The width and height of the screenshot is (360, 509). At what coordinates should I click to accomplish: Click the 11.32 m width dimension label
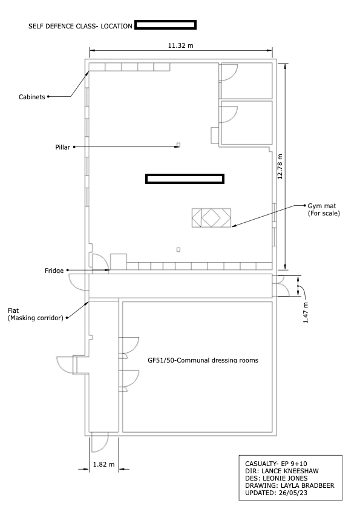click(180, 45)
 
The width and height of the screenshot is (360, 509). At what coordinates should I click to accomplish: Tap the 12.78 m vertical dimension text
click(280, 166)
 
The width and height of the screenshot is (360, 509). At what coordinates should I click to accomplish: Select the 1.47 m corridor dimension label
click(306, 313)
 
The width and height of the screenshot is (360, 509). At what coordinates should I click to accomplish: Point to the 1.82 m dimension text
click(104, 465)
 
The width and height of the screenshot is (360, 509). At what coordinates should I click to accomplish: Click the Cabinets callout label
click(32, 97)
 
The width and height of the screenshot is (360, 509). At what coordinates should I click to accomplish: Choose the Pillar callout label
click(63, 148)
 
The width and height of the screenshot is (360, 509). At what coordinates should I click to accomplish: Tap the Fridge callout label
click(54, 271)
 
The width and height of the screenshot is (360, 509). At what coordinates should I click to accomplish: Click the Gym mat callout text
click(324, 209)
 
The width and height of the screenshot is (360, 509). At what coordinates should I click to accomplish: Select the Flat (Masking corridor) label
click(35, 314)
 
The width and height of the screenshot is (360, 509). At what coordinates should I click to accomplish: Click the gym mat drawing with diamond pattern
click(211, 218)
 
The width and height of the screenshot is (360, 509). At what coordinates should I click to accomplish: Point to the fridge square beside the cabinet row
click(119, 261)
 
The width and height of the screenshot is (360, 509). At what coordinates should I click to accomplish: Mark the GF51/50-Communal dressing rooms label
click(203, 360)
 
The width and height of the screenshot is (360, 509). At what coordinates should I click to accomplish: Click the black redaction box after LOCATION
click(165, 25)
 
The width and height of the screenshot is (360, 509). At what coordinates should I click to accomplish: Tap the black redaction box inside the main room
click(185, 179)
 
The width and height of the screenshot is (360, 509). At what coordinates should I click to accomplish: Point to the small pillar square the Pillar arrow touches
click(178, 145)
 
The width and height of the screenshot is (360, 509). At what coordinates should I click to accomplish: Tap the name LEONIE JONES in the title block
click(285, 478)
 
